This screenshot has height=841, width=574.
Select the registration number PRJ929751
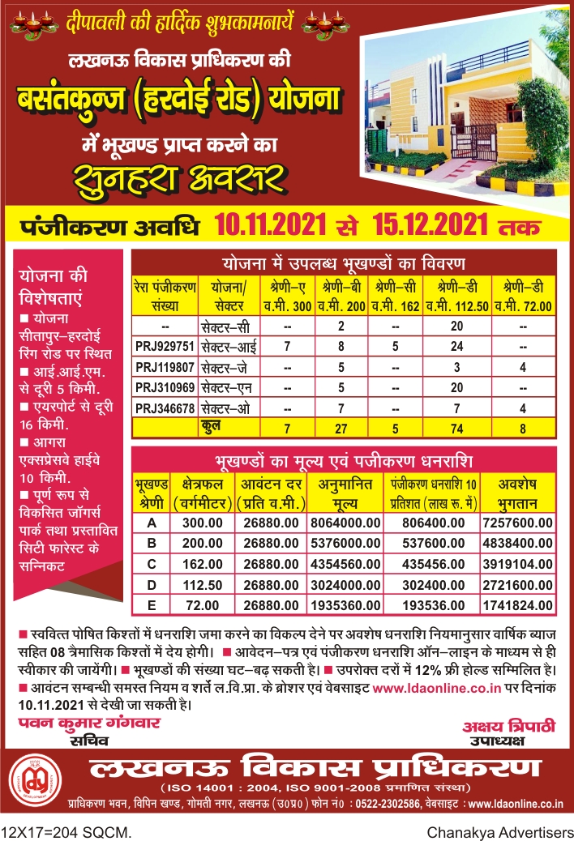point(164,346)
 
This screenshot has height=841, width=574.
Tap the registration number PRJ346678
point(164,407)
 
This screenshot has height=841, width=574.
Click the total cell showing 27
point(341,427)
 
